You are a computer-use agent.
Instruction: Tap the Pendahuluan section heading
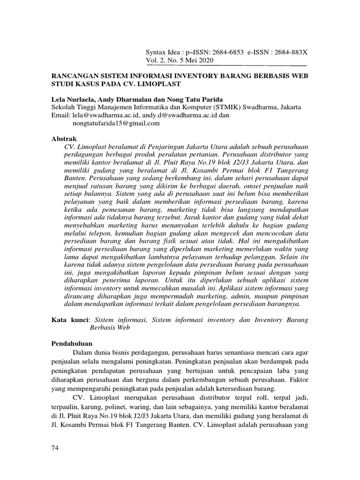click(72, 343)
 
